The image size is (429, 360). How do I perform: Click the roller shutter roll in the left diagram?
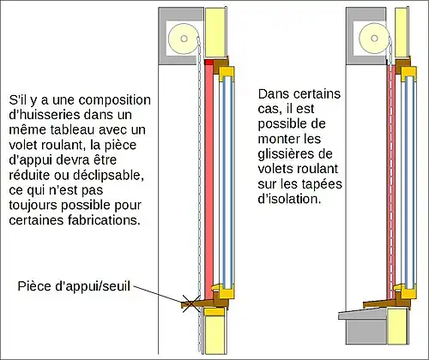[184, 39]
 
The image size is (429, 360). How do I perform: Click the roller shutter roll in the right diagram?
[374, 39]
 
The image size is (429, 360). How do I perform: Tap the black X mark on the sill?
[191, 303]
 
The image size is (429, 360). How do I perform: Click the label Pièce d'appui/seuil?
[74, 286]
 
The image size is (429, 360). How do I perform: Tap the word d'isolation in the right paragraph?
[289, 199]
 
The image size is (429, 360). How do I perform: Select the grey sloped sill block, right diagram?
[363, 315]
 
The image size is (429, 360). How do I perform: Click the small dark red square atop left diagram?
[209, 62]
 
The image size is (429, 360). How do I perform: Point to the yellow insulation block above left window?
[215, 32]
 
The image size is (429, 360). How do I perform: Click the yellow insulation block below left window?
[215, 332]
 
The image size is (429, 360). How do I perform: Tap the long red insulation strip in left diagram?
[209, 180]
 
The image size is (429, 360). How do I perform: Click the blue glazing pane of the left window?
[228, 183]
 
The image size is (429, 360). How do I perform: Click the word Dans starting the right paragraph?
[273, 94]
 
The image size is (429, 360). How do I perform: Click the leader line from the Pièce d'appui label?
[158, 294]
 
